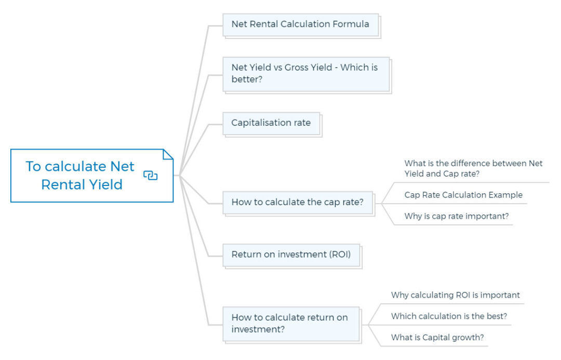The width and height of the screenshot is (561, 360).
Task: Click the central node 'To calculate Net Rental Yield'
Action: click(81, 176)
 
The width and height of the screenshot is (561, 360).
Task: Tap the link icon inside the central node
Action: click(150, 176)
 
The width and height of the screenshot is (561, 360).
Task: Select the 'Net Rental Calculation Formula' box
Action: click(300, 24)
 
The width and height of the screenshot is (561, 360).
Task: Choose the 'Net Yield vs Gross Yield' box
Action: click(305, 74)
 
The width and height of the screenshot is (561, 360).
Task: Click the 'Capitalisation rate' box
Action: click(271, 123)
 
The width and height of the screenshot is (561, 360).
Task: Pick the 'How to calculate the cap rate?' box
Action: click(298, 203)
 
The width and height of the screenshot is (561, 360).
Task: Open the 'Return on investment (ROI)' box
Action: click(291, 255)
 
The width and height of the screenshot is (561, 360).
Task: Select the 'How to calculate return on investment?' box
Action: click(290, 324)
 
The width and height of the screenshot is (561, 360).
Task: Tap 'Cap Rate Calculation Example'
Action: click(463, 195)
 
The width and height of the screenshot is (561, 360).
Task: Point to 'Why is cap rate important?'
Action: click(457, 217)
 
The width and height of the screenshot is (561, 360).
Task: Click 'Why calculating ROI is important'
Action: click(455, 295)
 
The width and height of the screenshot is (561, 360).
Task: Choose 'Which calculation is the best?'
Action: click(449, 316)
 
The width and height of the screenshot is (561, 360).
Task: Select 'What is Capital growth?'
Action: click(437, 338)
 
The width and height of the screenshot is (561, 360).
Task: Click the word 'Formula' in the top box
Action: click(351, 24)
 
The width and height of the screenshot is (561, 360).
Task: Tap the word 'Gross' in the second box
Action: click(297, 68)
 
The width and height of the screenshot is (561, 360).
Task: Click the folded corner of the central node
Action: click(168, 154)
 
